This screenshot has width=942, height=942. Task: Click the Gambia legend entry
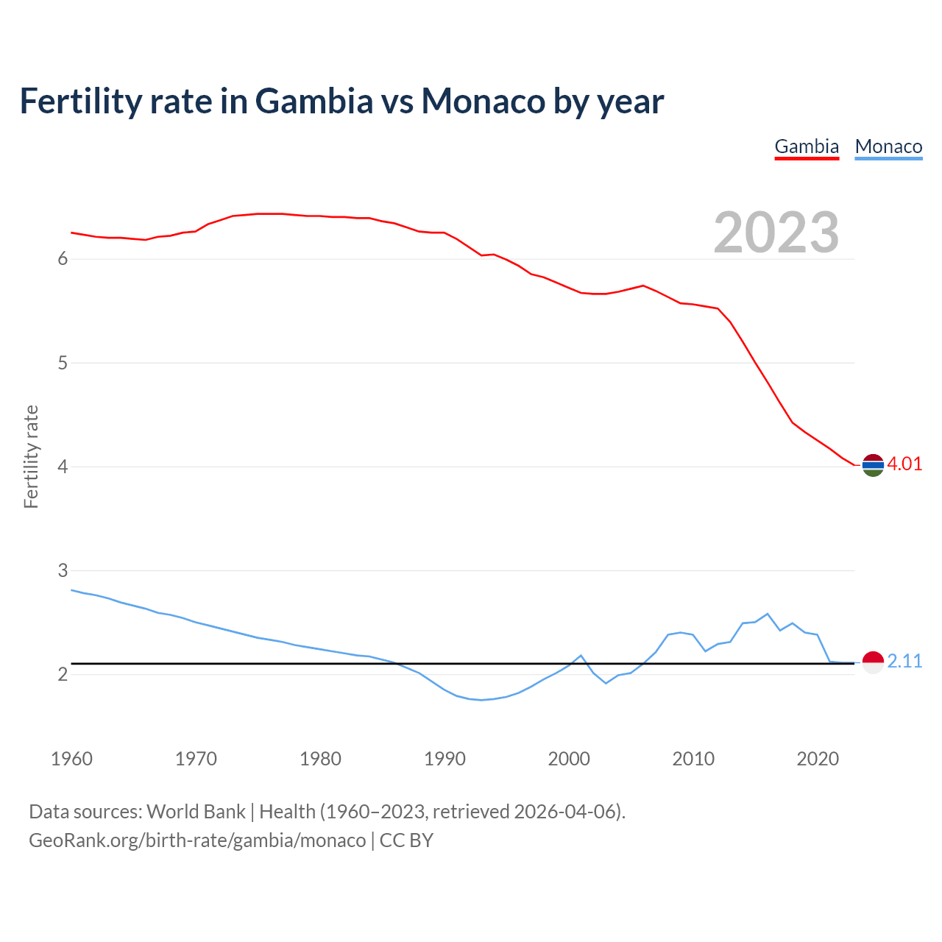coord(807,146)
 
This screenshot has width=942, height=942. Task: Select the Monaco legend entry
coord(888,146)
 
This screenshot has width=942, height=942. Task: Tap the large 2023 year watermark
coord(776,233)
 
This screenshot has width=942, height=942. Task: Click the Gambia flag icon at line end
coord(873,465)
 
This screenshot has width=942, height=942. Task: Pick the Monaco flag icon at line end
coord(873,662)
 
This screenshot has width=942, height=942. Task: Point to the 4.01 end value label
coord(904,464)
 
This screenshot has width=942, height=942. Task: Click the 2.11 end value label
coord(904,661)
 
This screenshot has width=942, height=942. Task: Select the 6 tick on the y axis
coord(63,259)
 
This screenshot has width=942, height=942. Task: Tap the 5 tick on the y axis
coord(63,363)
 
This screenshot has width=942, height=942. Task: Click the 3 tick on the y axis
coord(63,570)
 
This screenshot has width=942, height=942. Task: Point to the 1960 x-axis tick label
coord(71,759)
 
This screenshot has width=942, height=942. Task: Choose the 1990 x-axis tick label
coord(445,759)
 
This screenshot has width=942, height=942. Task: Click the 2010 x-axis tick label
coord(693,759)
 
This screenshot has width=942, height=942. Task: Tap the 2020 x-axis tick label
coord(818,759)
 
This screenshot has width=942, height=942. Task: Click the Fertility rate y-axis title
coord(31,456)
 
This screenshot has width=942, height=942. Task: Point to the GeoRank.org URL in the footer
coord(197,840)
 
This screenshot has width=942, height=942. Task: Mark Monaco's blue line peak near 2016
coord(768,614)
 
